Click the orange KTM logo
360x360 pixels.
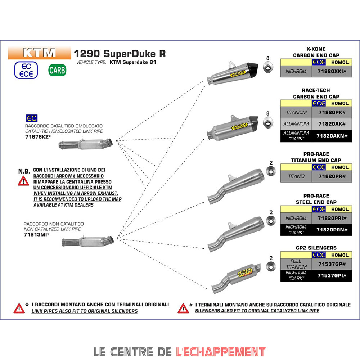pos(39,53)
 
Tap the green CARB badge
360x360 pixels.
pos(57,70)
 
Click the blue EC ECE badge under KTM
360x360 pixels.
pos(26,70)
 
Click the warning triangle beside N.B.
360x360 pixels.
pos(23,181)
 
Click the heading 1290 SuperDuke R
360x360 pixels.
pos(120,54)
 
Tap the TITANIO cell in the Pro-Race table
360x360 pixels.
pos(296,176)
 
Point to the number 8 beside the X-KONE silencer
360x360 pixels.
pos(267,58)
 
